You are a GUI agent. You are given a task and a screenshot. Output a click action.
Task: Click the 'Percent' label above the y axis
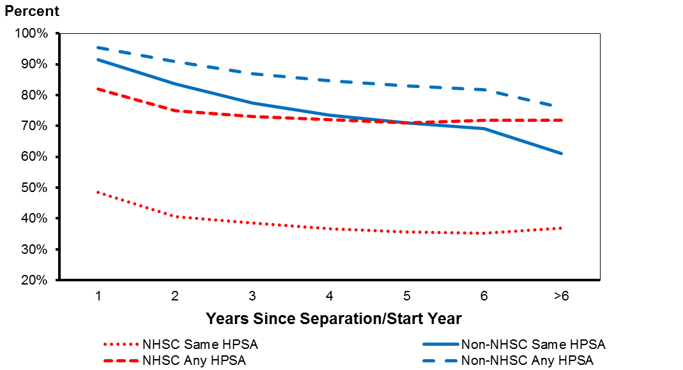coord(32,11)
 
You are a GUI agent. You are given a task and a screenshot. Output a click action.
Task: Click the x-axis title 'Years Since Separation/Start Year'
coord(334,318)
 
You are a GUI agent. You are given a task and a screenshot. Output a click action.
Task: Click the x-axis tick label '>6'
coord(561,296)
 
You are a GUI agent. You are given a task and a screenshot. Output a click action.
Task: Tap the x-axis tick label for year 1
coord(98,296)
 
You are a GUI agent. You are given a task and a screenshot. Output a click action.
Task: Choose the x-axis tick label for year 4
coord(329,296)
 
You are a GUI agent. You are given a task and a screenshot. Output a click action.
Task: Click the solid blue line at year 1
coord(98,59)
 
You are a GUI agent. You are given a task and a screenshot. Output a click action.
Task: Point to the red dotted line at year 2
coord(175,217)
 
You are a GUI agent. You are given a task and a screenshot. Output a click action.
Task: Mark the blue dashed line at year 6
coord(484,89)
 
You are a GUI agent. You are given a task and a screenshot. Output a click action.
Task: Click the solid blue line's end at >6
coord(561,153)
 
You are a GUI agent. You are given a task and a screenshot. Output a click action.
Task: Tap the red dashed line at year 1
coord(98,89)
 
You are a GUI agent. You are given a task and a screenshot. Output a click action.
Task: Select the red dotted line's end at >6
coord(561,228)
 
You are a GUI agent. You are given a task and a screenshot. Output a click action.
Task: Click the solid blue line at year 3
coord(252,103)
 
